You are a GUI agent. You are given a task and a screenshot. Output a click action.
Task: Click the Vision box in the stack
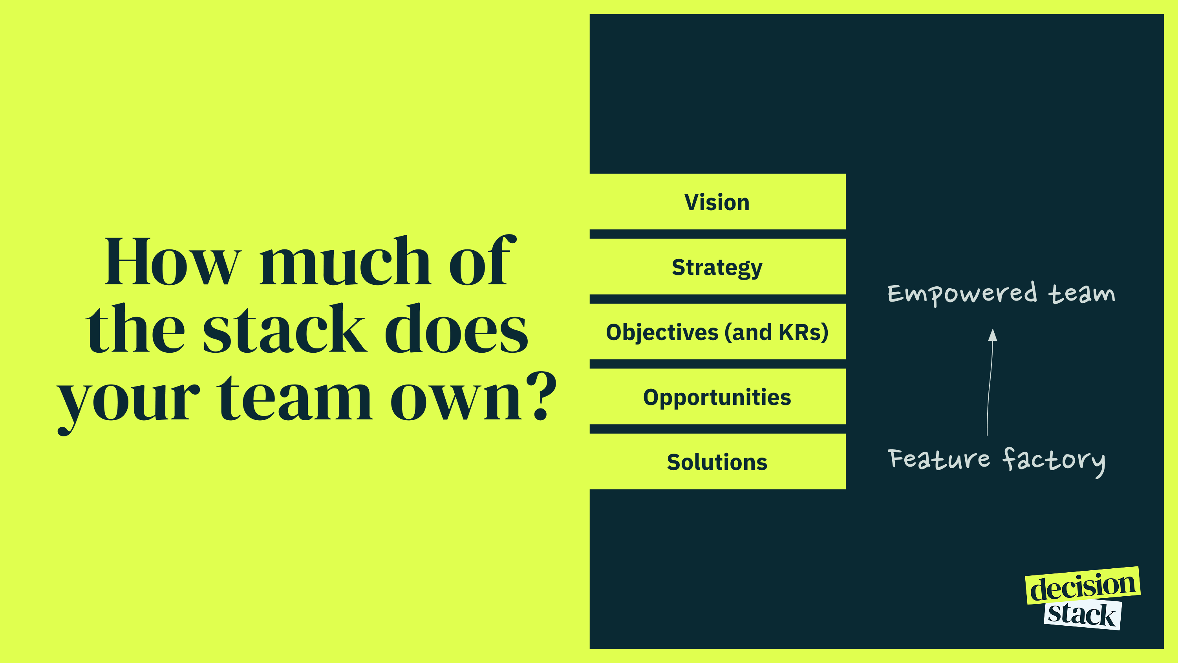[x=717, y=201]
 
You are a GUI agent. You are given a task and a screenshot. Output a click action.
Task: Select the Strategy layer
[x=717, y=267]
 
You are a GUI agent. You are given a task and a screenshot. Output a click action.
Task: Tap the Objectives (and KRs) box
[x=717, y=332]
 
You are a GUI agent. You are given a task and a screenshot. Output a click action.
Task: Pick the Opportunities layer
[x=717, y=397]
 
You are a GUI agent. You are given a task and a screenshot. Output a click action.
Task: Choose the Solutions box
[x=717, y=462]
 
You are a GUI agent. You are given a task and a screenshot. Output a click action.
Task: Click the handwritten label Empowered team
[x=1001, y=294]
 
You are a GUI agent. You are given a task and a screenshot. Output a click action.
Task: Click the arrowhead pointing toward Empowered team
[x=992, y=335]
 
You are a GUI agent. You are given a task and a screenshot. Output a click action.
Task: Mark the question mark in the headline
[x=541, y=396]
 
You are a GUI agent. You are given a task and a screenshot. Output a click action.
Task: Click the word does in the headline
[x=456, y=328]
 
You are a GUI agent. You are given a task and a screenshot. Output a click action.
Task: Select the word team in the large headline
[x=294, y=397]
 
